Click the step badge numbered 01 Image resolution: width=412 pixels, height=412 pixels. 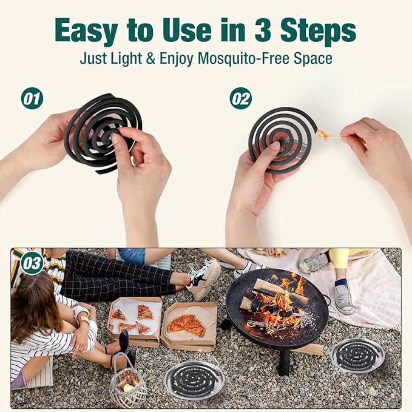tap(32, 98)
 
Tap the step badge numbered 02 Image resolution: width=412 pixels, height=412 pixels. tap(241, 98)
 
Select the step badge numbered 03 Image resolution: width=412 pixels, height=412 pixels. tap(32, 263)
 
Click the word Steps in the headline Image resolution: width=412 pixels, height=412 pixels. tap(318, 31)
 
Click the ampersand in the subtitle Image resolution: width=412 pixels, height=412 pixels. tap(150, 58)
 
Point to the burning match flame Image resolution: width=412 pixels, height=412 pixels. tap(323, 134)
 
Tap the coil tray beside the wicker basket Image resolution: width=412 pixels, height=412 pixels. tap(194, 380)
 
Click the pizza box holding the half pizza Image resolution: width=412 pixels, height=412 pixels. tap(189, 326)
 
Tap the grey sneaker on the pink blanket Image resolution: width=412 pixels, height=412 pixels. tap(343, 300)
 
